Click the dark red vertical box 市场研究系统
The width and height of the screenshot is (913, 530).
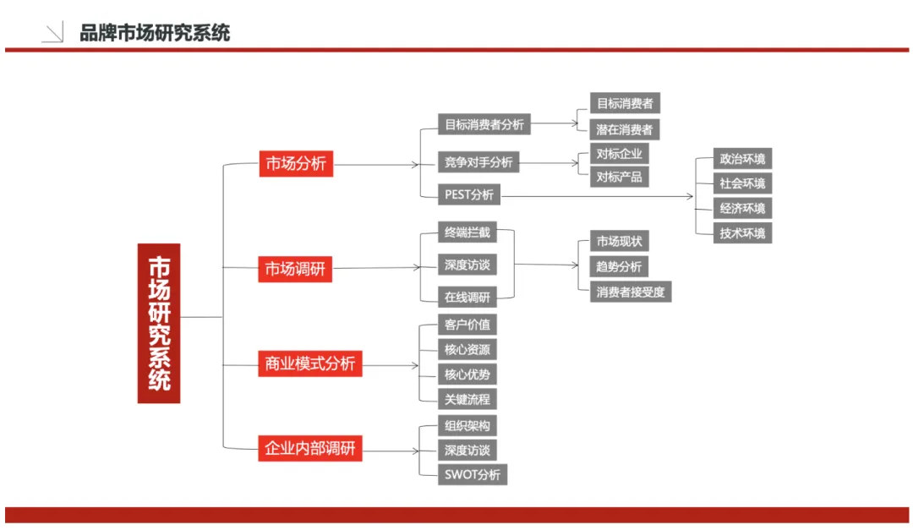[x=159, y=323]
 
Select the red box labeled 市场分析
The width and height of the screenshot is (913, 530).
[x=295, y=164]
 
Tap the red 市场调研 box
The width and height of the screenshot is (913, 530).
[x=295, y=270]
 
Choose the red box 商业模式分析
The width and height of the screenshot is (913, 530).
[x=309, y=365]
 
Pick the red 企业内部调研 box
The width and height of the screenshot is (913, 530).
[x=309, y=448]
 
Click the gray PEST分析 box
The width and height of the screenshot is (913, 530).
[x=469, y=195]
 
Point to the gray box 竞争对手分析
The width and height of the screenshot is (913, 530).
[x=478, y=162]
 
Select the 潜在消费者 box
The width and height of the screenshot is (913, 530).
[x=625, y=129]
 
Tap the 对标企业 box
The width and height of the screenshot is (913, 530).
[x=620, y=155]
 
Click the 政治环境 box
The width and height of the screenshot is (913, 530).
[x=742, y=159]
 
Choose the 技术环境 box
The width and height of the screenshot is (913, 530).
[x=742, y=233]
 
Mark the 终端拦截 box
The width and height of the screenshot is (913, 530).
[x=467, y=232]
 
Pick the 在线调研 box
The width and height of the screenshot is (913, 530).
[x=467, y=297]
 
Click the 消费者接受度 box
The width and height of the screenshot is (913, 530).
[x=631, y=292]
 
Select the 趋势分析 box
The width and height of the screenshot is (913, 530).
[x=620, y=267]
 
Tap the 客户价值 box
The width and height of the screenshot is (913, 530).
[x=467, y=325]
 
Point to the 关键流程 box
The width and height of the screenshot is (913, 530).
[x=467, y=399]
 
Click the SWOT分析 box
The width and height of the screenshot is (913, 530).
[x=473, y=474]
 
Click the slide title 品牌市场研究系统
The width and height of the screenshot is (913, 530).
[x=155, y=34]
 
